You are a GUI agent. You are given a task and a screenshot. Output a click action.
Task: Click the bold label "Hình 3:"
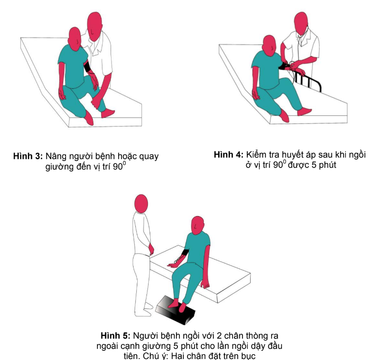28,156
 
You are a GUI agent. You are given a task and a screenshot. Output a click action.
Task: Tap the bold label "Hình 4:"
229,154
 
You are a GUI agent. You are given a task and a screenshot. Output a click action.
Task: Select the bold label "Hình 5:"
115,336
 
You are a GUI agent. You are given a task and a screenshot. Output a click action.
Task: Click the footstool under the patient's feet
175,310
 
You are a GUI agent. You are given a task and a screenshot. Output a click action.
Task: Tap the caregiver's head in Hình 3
95,26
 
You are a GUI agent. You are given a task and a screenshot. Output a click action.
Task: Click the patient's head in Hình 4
269,45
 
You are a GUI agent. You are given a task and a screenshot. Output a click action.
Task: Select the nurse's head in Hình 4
301,23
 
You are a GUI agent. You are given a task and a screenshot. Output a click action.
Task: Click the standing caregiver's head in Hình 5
141,204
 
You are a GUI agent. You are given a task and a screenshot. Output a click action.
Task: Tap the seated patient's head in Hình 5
198,225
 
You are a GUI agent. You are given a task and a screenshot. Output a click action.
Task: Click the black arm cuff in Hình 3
87,67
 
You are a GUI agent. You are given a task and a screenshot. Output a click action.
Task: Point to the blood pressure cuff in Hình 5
185,252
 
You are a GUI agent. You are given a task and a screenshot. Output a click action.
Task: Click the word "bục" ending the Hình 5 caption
248,356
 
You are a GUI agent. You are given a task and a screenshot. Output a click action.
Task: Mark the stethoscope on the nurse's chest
300,41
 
